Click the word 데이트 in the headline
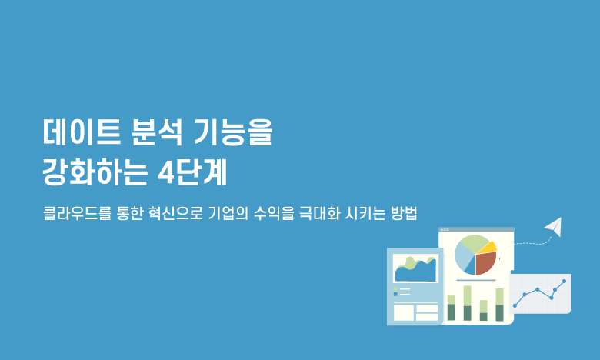point(82,132)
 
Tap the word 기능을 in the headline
point(233,132)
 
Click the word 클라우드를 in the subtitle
point(77,213)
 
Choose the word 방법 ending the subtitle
point(404,213)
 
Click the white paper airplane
point(555,226)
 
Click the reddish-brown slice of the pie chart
point(485,263)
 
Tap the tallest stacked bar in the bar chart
point(467,303)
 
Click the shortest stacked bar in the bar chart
point(484,310)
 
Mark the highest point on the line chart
point(564,282)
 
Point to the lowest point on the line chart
point(515,305)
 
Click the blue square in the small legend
point(395,294)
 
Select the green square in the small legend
point(395,289)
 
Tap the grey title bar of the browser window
point(476,229)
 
